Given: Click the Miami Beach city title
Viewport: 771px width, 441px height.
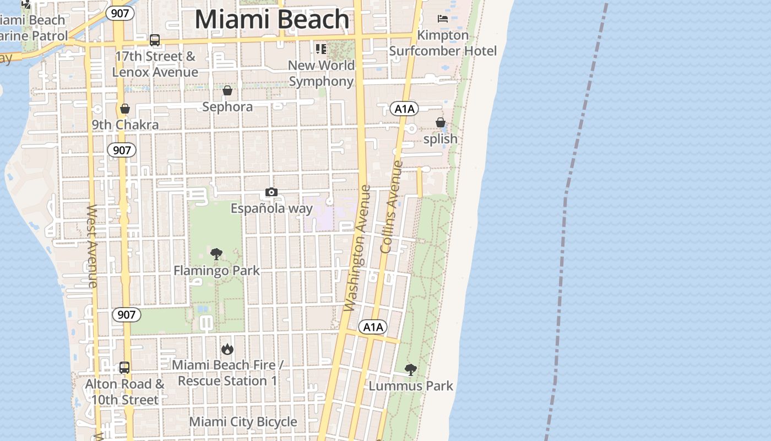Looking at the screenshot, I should point(272,19).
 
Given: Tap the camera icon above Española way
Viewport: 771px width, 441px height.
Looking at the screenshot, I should point(272,192).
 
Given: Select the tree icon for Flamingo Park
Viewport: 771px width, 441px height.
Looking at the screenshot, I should point(216,254).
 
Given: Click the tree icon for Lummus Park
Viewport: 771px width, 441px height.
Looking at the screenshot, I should point(410,369).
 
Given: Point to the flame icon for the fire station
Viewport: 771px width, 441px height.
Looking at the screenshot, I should point(227,349).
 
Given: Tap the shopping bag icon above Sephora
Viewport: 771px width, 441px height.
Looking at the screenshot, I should point(227,90).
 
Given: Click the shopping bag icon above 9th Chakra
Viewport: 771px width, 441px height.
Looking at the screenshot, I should point(125,109).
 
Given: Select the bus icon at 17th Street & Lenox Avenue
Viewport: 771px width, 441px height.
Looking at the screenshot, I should point(155,40).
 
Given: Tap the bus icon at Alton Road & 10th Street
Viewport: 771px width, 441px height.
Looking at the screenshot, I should point(124,367).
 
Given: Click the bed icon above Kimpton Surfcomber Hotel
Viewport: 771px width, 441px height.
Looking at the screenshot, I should point(443,19).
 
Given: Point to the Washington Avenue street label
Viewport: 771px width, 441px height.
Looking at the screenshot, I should point(357,248).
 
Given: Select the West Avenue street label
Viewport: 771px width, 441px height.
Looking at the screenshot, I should point(92,246).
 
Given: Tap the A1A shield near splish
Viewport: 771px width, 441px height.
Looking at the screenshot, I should point(404,109).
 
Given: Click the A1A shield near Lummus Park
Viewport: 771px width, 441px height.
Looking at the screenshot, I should point(373,327).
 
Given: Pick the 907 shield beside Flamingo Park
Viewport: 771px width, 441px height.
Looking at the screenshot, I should point(126,315).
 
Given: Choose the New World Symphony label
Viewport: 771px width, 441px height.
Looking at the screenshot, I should point(321,73).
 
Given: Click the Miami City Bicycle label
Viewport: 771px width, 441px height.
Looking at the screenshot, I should point(243,422).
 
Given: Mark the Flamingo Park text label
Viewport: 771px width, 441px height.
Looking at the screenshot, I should point(216,271).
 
